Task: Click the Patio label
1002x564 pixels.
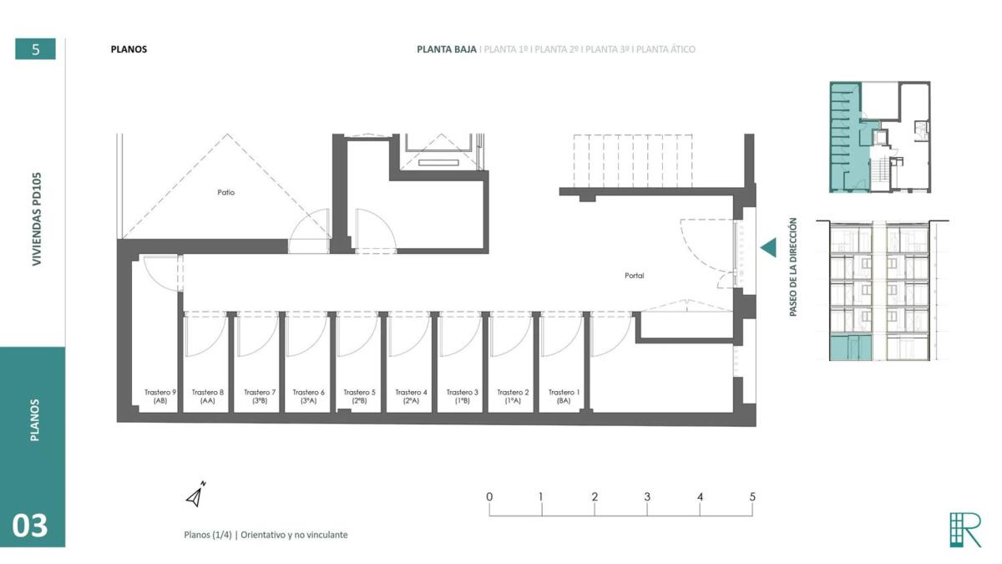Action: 226,192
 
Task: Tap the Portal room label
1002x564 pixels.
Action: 635,276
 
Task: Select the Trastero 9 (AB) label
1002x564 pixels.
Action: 160,397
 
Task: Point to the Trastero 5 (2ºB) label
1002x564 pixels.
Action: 359,397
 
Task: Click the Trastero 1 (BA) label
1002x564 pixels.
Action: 564,397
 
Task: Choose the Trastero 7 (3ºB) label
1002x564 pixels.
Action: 260,397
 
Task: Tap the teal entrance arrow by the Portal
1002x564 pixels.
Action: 768,247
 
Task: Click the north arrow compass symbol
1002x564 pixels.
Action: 195,495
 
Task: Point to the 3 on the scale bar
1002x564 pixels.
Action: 647,496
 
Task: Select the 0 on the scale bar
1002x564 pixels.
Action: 489,496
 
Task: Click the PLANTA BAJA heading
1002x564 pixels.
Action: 447,49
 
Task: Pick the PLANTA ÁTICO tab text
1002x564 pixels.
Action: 665,49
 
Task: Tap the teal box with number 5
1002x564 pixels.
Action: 35,48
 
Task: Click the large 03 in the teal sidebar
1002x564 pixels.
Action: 29,526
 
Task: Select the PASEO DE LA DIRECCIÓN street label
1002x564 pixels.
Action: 793,267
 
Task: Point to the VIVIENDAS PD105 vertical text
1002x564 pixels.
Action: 37,219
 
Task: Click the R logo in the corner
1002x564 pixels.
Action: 965,530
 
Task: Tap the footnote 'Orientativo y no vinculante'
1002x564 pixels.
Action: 294,535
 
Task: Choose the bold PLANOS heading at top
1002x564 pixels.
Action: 129,49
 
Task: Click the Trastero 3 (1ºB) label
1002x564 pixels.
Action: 462,397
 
